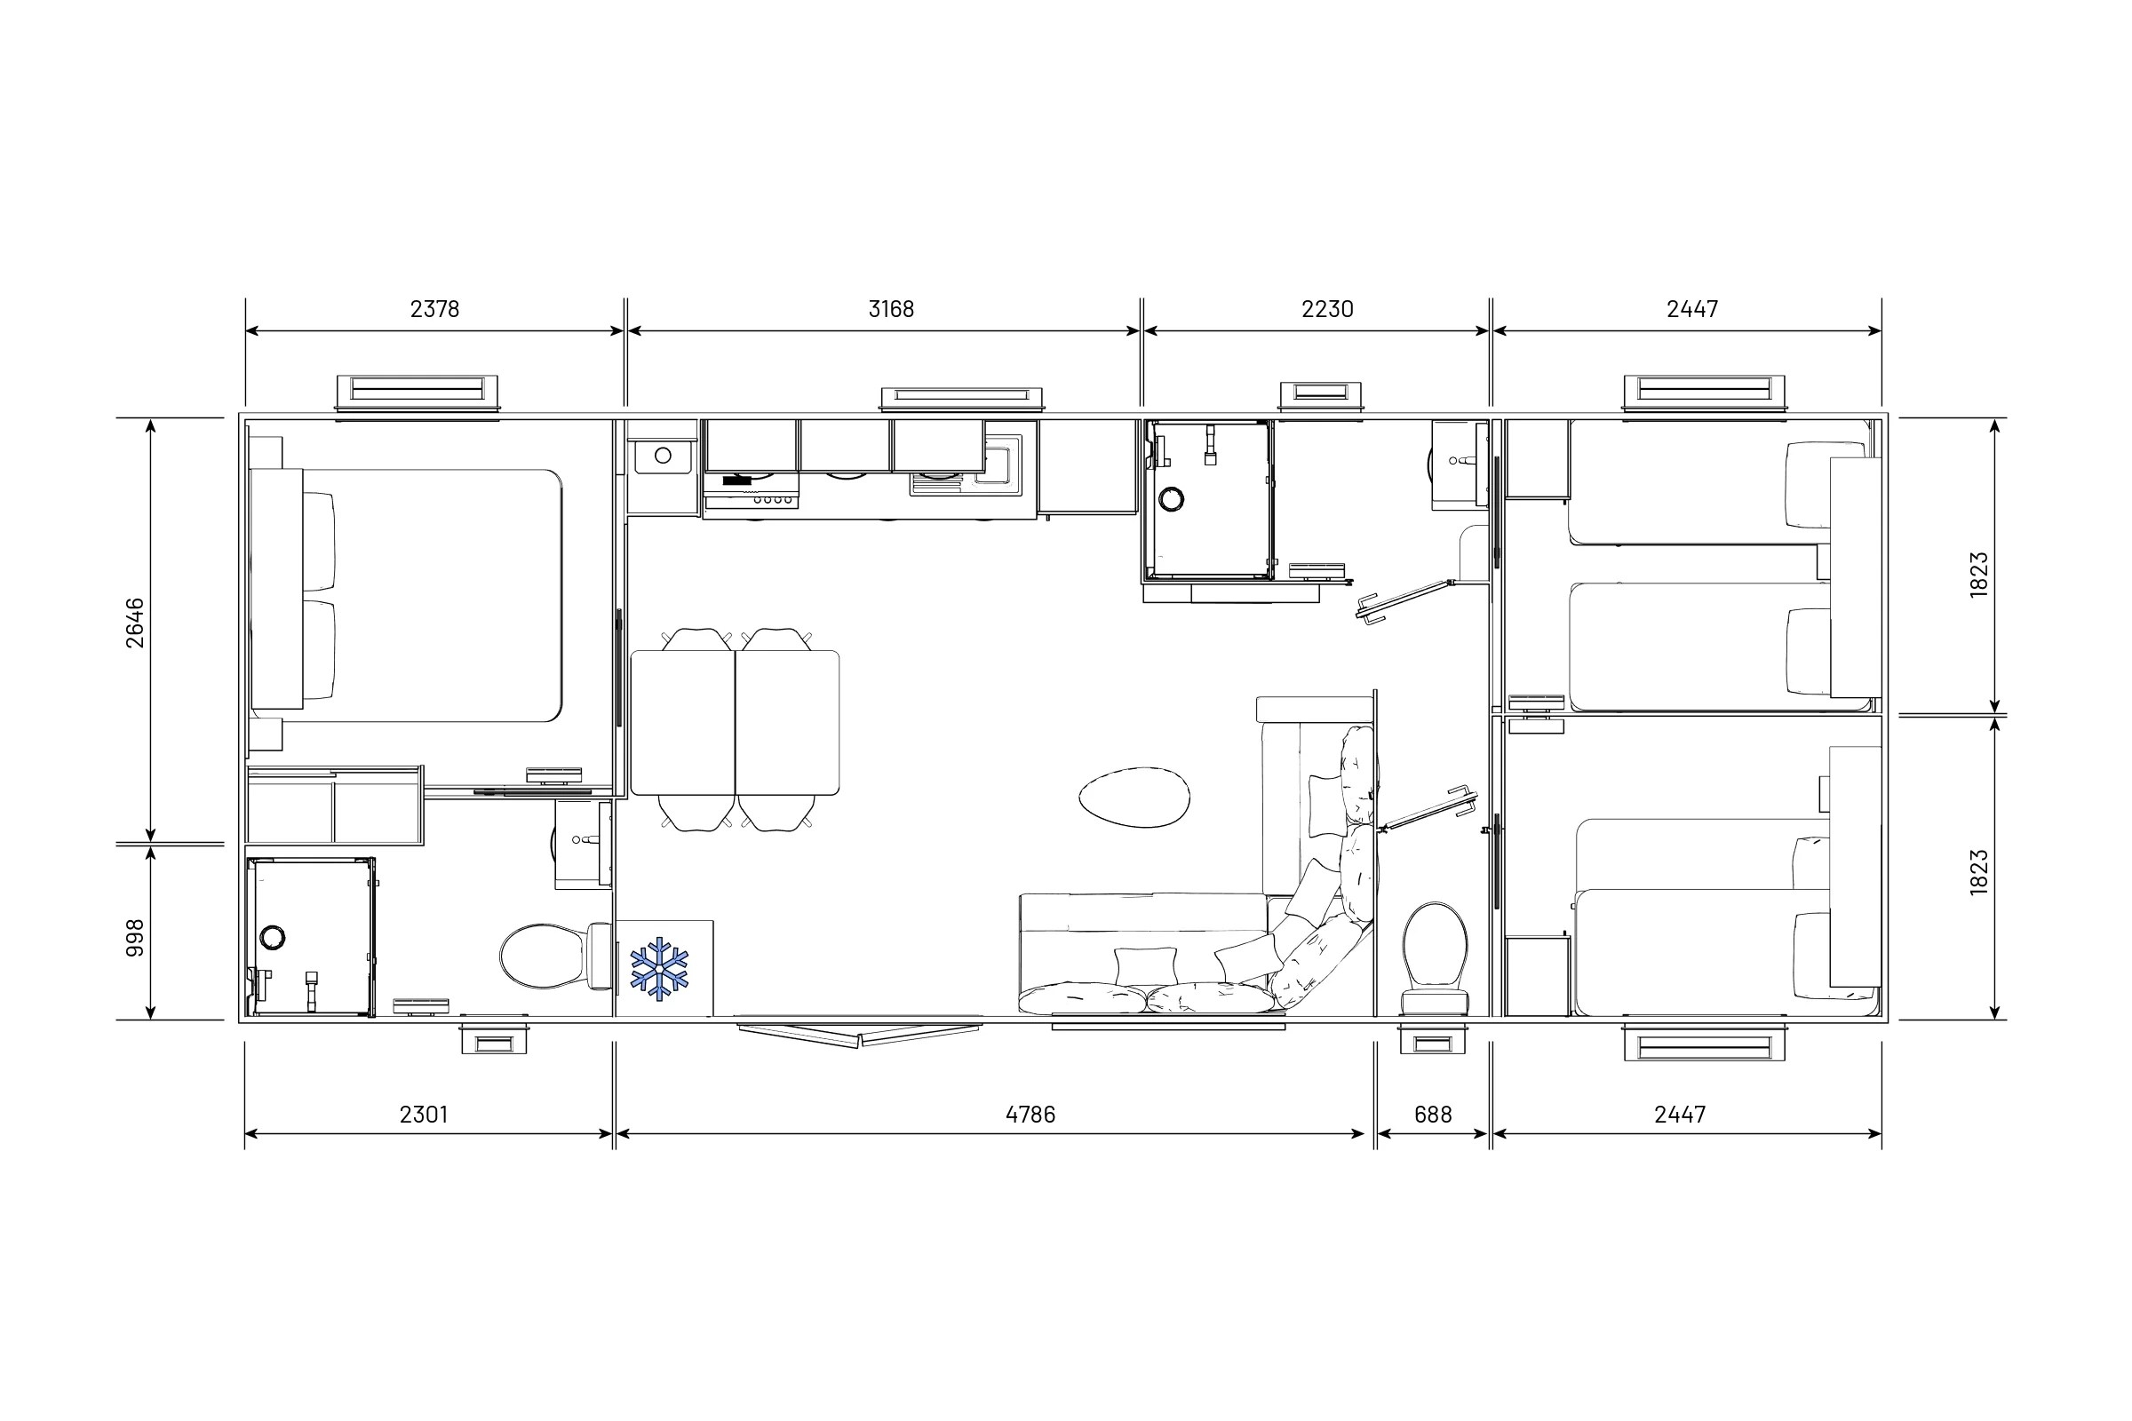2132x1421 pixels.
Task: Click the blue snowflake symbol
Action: pos(659,969)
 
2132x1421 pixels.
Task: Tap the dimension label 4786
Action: pos(1030,1115)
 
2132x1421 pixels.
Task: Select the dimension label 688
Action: pos(1432,1115)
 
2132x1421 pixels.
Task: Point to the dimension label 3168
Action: pos(891,309)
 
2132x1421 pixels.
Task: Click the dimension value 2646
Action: pos(134,623)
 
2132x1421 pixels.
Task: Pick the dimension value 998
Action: pos(134,938)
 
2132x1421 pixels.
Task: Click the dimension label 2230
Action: pos(1327,309)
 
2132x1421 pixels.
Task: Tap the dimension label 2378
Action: pos(434,309)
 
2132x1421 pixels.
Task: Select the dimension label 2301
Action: pos(424,1115)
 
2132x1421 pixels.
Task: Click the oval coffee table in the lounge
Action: pos(1134,797)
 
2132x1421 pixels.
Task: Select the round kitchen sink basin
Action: pos(663,455)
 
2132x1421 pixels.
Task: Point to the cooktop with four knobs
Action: pos(751,497)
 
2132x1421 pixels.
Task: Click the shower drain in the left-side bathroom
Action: pos(272,937)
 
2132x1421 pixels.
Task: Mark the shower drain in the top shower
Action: pos(1171,498)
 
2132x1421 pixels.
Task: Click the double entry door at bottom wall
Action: pos(858,1034)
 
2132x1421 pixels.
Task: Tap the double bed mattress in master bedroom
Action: pos(426,595)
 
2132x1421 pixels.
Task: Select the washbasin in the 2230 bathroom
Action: pos(1458,462)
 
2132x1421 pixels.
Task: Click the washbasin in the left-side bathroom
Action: pos(581,841)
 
